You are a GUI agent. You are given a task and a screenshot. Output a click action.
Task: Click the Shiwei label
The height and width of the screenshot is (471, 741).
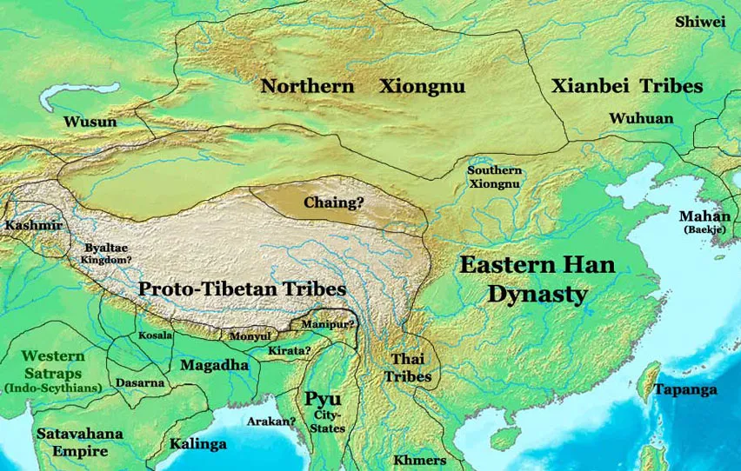tap(700, 22)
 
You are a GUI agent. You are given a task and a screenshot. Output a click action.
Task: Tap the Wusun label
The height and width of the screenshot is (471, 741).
tap(90, 122)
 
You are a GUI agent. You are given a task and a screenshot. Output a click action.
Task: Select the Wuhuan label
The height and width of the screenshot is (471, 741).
tap(641, 118)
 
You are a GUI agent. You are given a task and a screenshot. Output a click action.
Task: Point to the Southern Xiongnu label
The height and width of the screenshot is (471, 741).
tap(494, 176)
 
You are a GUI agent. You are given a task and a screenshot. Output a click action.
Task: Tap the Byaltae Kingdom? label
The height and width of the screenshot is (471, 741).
tap(106, 253)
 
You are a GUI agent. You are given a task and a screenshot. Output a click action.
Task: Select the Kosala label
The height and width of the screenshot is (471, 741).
tap(155, 335)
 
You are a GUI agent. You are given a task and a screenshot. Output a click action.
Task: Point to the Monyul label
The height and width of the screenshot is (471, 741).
tap(250, 336)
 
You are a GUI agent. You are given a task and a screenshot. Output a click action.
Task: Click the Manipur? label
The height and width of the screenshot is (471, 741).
tap(329, 324)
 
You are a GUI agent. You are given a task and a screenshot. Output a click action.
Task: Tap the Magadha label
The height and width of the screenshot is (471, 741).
tap(214, 365)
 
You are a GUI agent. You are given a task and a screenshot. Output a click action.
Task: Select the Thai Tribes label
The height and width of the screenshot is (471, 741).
tap(409, 368)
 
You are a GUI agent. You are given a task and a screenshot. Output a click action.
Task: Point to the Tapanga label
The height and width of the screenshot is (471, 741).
tap(686, 389)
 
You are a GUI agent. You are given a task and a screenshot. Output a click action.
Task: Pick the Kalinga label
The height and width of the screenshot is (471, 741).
tap(197, 444)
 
